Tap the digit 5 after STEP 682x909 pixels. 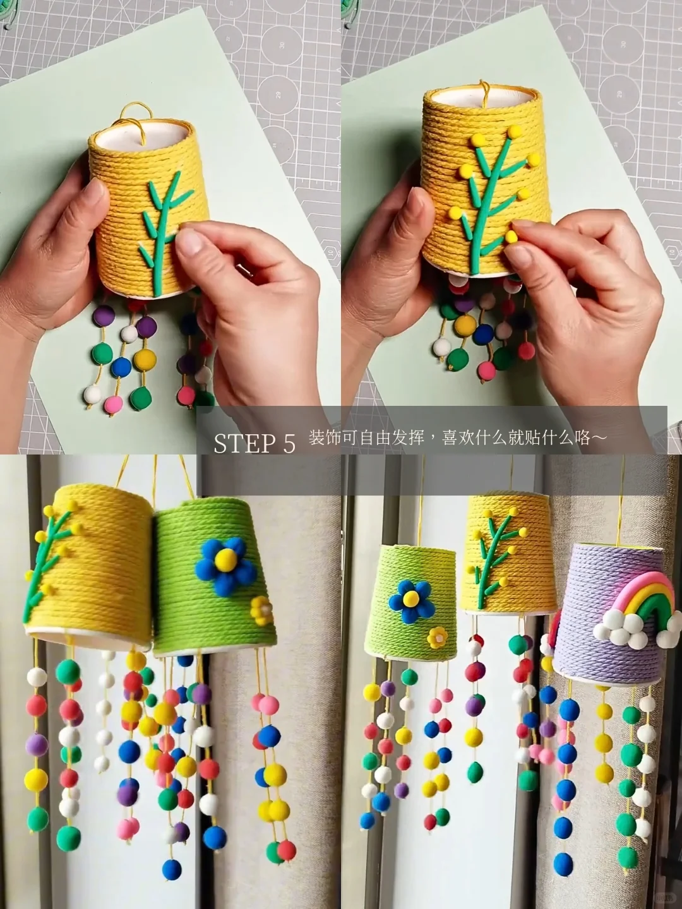tap(289, 444)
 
